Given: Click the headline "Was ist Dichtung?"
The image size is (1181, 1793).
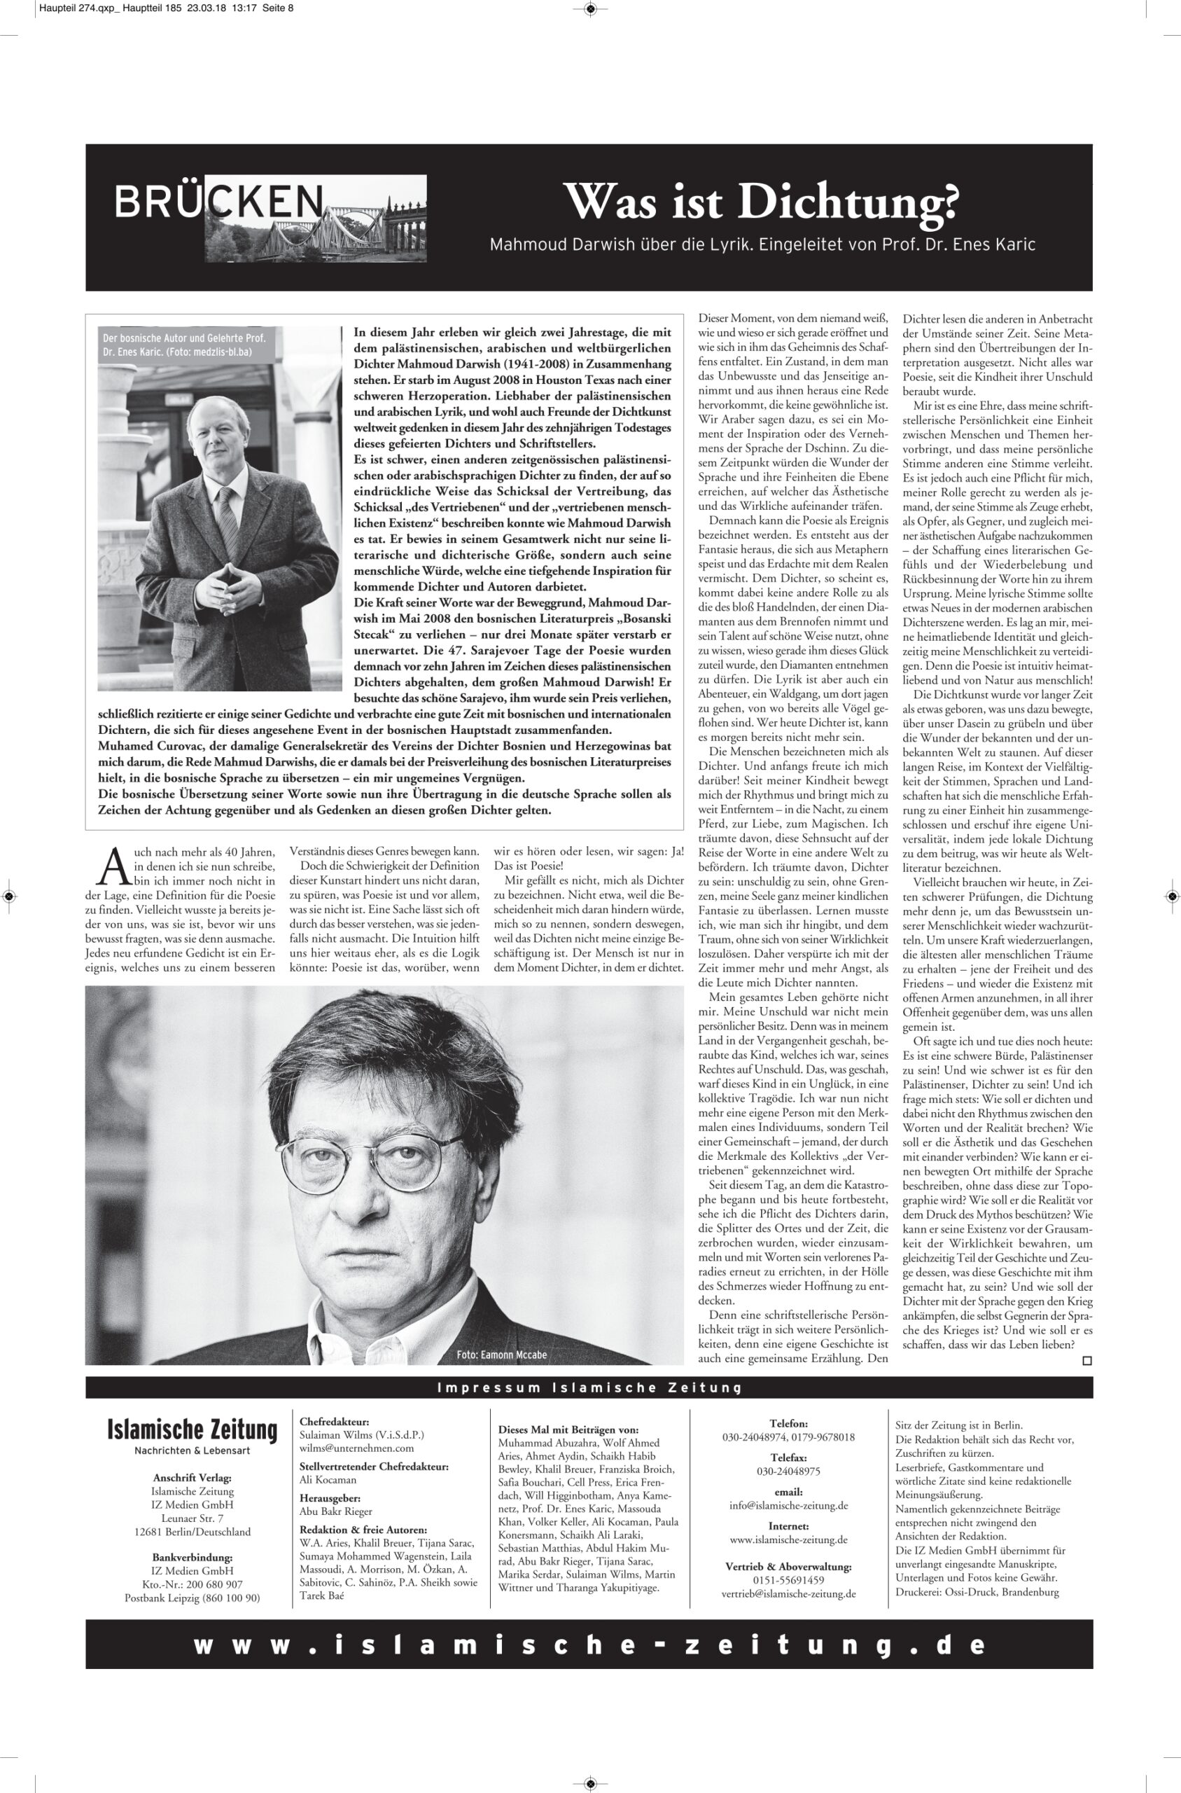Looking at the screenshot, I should coord(762,202).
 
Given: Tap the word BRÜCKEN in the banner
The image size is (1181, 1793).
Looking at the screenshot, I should coord(218,201).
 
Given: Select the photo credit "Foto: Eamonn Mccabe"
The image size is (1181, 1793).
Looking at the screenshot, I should coord(501,1355).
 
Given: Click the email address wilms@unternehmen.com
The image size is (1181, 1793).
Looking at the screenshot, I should coord(356,1448).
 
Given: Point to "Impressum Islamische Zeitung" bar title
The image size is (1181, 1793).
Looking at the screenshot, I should coord(589,1387).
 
